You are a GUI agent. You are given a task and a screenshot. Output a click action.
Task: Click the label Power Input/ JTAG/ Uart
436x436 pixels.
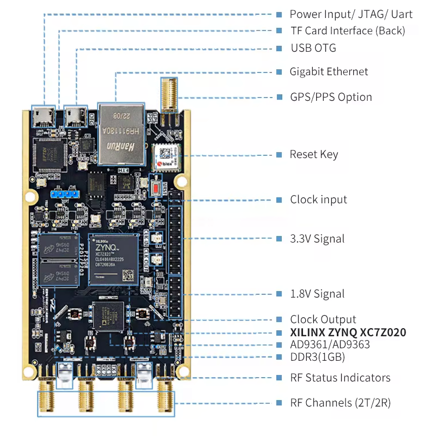(351, 15)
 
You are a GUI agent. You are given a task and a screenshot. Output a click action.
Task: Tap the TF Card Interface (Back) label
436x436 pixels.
(347, 31)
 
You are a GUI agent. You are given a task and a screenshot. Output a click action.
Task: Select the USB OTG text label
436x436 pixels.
(313, 48)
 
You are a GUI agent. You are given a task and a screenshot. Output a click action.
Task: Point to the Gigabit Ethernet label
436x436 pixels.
(329, 72)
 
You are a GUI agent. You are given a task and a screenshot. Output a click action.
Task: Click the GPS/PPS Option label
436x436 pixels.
(331, 98)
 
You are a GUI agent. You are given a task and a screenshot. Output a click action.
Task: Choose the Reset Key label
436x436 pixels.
(314, 155)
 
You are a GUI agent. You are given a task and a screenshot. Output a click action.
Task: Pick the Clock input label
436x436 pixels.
(318, 199)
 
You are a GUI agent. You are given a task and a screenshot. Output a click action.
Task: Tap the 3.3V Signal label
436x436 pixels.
(317, 239)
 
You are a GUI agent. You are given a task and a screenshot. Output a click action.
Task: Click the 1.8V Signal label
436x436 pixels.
(317, 294)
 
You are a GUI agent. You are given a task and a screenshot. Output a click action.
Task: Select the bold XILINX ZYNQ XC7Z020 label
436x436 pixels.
(348, 332)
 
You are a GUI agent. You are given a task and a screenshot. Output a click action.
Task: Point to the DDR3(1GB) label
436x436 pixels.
(317, 358)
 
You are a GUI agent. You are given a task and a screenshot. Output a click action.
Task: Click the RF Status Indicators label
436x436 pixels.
(340, 378)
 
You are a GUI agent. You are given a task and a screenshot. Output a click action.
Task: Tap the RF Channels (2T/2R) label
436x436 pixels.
(340, 403)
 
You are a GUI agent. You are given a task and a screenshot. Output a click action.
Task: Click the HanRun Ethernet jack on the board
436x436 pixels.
(121, 134)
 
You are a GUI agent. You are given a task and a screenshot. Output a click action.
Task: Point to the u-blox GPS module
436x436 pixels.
(165, 158)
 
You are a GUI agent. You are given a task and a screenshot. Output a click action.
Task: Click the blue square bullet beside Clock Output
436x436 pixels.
(279, 320)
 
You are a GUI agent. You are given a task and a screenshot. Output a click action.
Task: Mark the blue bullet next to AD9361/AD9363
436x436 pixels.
(279, 345)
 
